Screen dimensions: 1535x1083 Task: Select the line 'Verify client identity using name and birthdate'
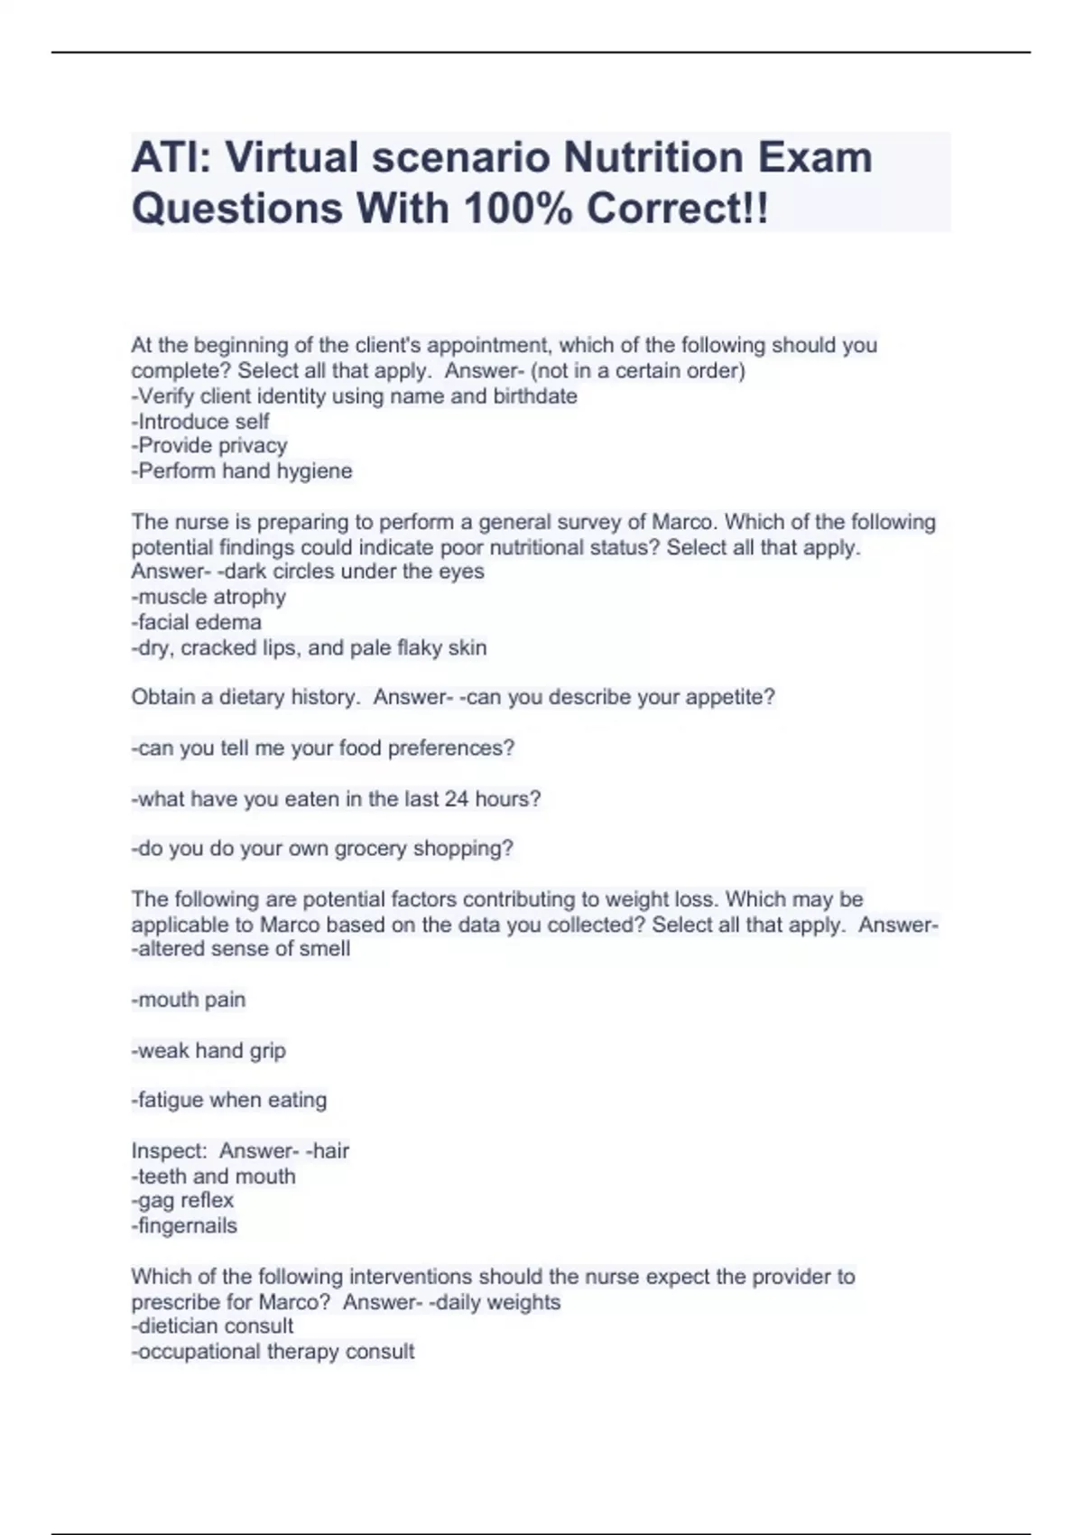click(x=354, y=396)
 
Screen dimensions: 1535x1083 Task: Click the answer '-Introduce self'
click(x=200, y=422)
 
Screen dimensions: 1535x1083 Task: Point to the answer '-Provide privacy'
click(x=209, y=446)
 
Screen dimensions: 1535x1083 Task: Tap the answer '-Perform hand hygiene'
click(x=242, y=471)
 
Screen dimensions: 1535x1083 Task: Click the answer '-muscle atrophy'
click(x=208, y=597)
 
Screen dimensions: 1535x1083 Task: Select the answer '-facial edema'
click(x=197, y=622)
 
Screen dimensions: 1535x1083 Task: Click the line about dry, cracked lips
click(x=309, y=647)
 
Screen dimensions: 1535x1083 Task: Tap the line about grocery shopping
click(x=322, y=849)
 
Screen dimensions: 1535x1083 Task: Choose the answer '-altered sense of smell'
click(x=241, y=949)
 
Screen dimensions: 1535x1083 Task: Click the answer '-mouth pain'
click(x=189, y=1000)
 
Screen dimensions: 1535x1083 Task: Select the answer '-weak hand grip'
click(x=208, y=1050)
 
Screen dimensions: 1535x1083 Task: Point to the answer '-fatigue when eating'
click(x=229, y=1100)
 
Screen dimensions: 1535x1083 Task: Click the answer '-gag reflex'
click(x=182, y=1201)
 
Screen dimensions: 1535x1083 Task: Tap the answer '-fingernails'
click(x=184, y=1226)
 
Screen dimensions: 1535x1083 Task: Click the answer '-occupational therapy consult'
click(x=273, y=1352)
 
